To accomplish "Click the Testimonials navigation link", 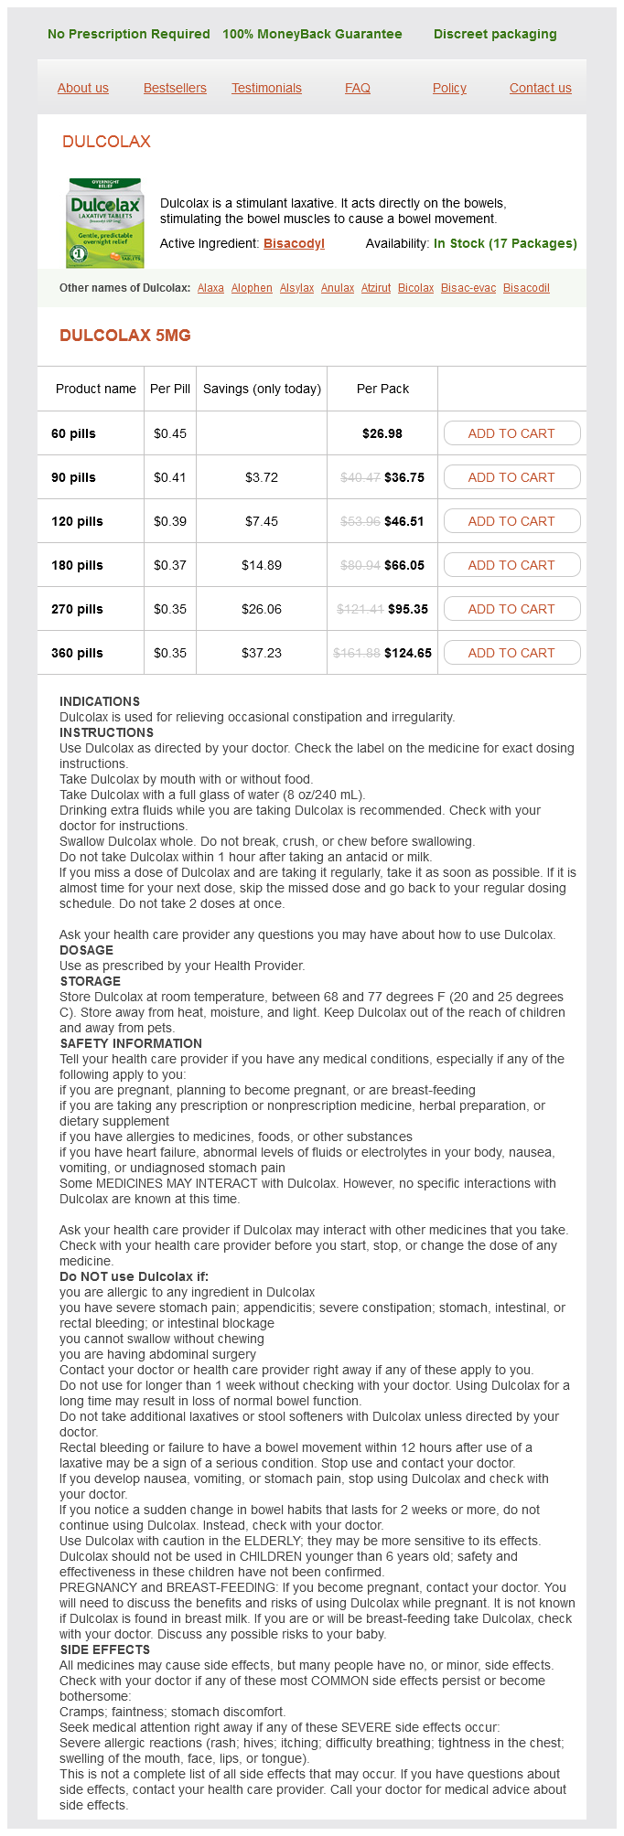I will pos(266,88).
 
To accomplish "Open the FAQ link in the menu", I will pos(358,88).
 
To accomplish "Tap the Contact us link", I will pos(540,88).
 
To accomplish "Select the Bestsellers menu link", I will pos(175,88).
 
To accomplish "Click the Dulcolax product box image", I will pos(104,223).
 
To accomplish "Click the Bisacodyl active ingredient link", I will pos(294,243).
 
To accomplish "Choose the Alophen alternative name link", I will pos(252,288).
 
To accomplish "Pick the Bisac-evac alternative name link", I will pos(468,288).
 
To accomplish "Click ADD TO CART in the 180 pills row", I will pos(511,565).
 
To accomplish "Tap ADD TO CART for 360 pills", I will pos(511,653).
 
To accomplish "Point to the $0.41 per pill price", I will pos(170,477).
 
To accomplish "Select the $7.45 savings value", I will pos(262,521).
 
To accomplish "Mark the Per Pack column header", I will pos(382,389).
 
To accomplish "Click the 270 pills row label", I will pos(77,609).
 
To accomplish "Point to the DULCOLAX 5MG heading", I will pos(125,336).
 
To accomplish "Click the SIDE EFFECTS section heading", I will pos(104,1649).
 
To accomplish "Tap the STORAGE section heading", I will pos(90,981).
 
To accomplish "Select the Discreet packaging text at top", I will pos(495,34).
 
